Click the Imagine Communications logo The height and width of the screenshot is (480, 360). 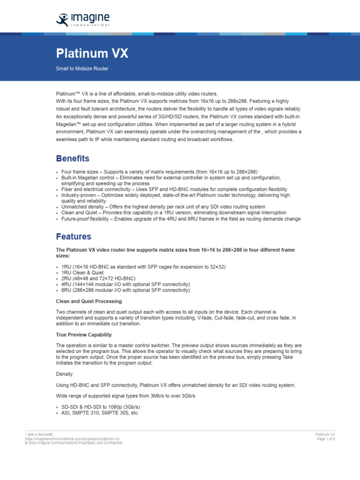pos(82,20)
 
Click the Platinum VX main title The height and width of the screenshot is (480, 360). pos(92,53)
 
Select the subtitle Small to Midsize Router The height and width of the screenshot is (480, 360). pos(82,68)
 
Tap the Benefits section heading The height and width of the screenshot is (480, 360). pos(73,158)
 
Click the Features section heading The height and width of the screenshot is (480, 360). pos(74,237)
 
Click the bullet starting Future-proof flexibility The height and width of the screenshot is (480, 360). pos(181,219)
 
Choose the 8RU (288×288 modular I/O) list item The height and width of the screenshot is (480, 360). pos(126,290)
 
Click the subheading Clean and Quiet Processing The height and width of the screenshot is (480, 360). pos(89,301)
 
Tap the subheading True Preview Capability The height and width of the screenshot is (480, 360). pos(84,335)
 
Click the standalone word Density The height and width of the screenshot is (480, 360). pos(64,374)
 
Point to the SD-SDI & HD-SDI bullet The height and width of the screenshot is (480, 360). pos(100,407)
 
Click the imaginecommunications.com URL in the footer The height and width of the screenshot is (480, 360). pos(73,439)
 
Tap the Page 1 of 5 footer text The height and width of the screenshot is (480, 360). pos(325,439)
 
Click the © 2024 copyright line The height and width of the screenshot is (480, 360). pos(74,442)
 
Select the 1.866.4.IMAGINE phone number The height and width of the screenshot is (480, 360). pos(39,435)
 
